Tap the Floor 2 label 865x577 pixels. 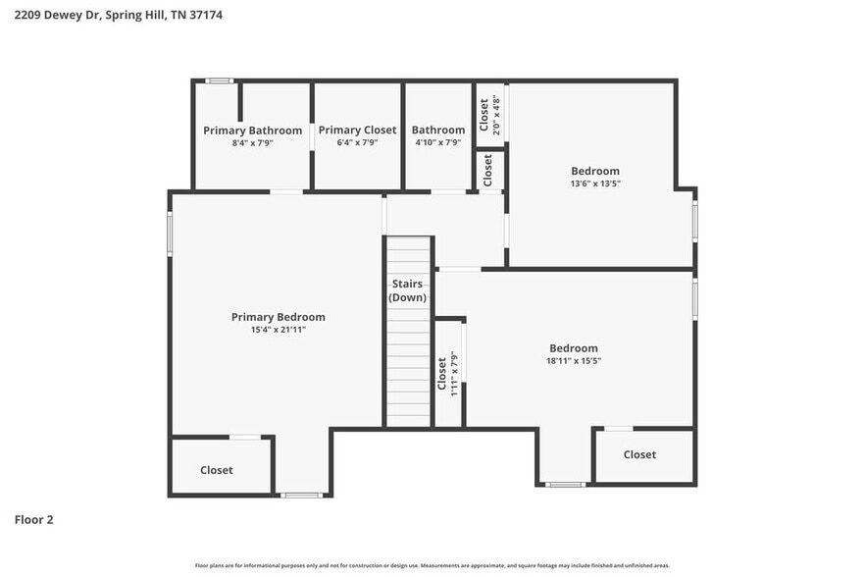pos(33,519)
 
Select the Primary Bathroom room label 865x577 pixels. pos(252,131)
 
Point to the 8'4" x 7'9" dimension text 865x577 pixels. pos(252,143)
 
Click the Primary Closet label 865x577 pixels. pos(357,131)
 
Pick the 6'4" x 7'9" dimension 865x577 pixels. pos(357,143)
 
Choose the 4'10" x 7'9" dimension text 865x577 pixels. pos(437,143)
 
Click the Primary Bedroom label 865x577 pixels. pos(278,317)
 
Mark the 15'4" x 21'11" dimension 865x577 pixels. pos(278,331)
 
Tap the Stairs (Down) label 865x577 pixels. pos(406,290)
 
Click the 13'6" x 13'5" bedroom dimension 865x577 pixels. pos(595,184)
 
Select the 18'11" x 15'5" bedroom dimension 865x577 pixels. pos(573,361)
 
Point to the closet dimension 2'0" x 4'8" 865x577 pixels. pos(496,115)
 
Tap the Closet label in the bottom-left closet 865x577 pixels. pos(217,470)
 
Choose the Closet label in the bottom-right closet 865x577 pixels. pos(639,454)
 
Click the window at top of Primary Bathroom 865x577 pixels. pos(219,80)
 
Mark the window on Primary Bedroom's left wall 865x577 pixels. pos(170,235)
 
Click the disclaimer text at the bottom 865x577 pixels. pos(432,565)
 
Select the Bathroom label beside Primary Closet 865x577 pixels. pos(437,131)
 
